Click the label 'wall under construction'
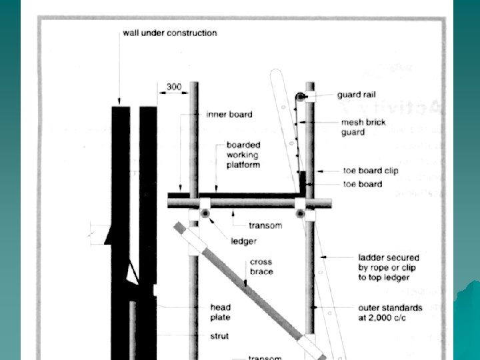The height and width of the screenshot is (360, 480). tap(169, 33)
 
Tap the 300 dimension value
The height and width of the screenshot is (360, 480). tap(173, 87)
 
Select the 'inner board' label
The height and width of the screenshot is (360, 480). tap(229, 115)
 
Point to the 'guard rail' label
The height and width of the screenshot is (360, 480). tap(356, 95)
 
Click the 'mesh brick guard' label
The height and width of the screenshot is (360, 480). tap(361, 127)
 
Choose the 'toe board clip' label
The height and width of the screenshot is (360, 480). tap(371, 171)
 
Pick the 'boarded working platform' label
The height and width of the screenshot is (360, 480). tap(243, 155)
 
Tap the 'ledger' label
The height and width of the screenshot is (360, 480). tap(243, 241)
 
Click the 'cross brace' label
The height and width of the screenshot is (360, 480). tap(261, 267)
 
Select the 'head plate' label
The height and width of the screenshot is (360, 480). tap(221, 311)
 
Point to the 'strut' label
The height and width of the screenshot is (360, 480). tap(219, 336)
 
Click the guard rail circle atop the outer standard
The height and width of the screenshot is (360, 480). tap(302, 97)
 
